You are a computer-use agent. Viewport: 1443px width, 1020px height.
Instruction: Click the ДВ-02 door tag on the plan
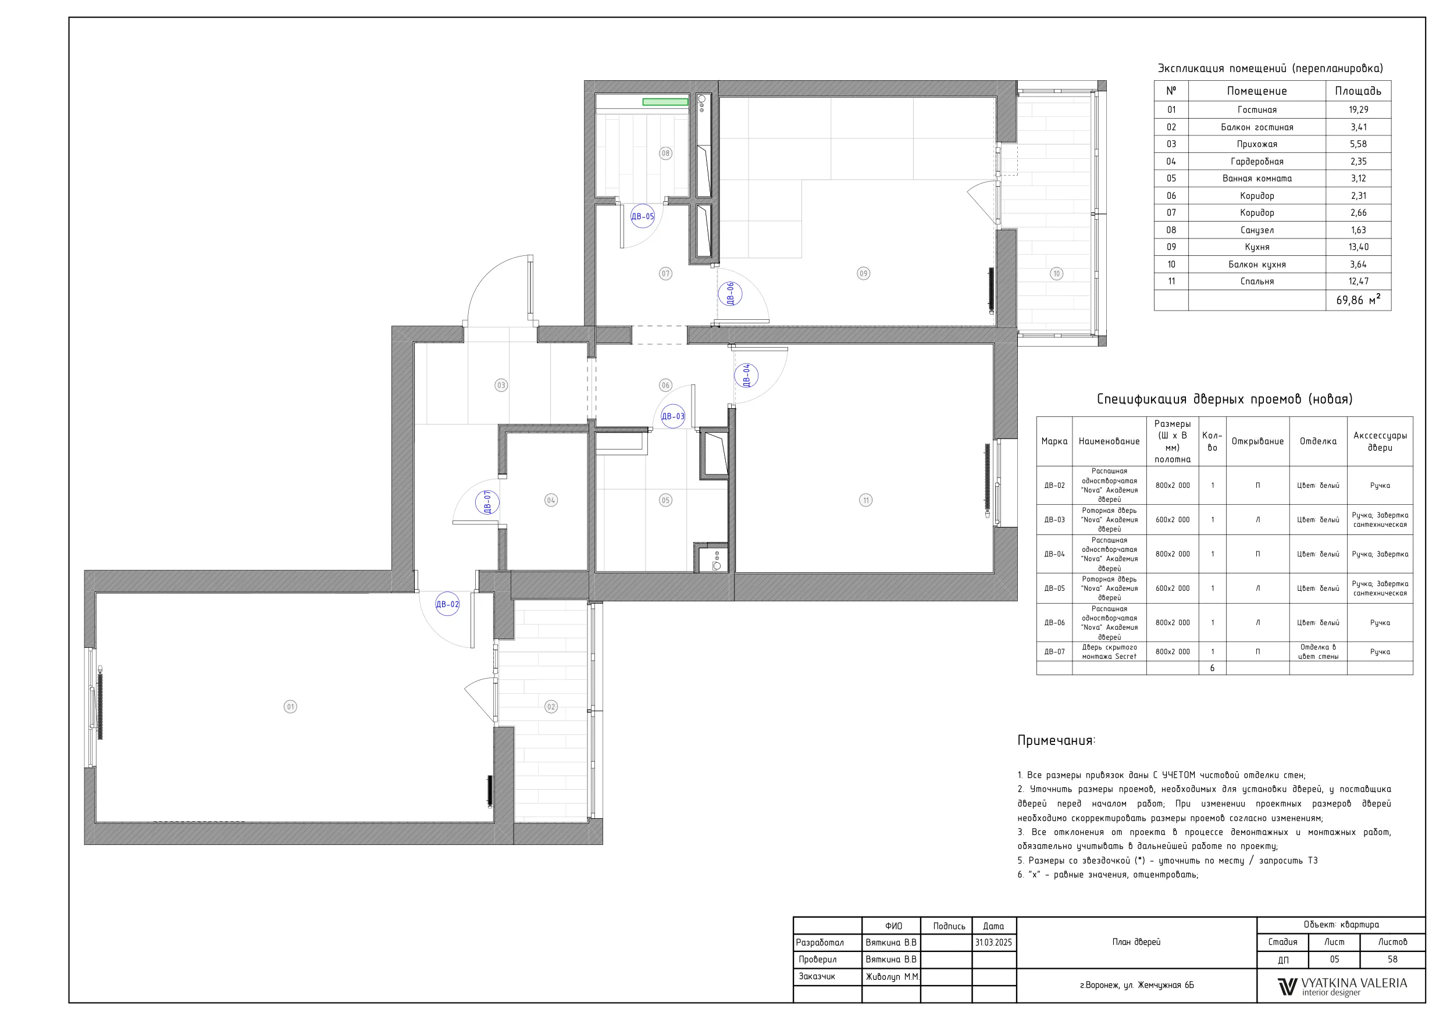pyautogui.click(x=447, y=605)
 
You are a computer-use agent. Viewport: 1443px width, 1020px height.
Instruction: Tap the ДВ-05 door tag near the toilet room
pyautogui.click(x=642, y=216)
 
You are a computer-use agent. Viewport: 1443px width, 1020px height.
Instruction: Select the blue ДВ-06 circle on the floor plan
pyautogui.click(x=731, y=294)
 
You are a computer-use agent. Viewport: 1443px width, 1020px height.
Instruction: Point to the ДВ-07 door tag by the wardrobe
pyautogui.click(x=487, y=502)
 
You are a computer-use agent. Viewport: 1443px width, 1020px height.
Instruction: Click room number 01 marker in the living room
pyautogui.click(x=290, y=707)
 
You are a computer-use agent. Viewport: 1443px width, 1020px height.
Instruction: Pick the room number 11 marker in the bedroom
pyautogui.click(x=866, y=500)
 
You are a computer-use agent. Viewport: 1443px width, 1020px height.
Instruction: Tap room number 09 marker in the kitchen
pyautogui.click(x=864, y=273)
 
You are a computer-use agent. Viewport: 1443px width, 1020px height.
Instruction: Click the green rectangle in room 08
pyautogui.click(x=665, y=102)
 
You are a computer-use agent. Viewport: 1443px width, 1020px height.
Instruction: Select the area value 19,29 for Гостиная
pyautogui.click(x=1358, y=110)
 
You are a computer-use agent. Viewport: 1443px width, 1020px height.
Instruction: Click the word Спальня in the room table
pyautogui.click(x=1257, y=281)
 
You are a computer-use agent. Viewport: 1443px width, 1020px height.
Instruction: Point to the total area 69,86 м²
pyautogui.click(x=1358, y=300)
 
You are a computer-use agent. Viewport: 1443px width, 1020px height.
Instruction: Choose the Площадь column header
pyautogui.click(x=1358, y=91)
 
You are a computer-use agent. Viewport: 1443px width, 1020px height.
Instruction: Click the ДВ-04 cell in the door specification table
pyautogui.click(x=1054, y=554)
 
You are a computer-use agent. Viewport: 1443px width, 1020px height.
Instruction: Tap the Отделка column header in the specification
pyautogui.click(x=1318, y=441)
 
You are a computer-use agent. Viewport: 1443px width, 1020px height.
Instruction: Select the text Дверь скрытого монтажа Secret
pyautogui.click(x=1109, y=652)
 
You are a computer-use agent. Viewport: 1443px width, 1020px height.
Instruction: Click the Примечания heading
pyautogui.click(x=1056, y=740)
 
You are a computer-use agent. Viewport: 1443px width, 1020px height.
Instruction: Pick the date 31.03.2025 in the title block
pyautogui.click(x=993, y=943)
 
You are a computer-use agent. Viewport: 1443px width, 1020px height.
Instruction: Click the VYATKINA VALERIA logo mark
pyautogui.click(x=1287, y=987)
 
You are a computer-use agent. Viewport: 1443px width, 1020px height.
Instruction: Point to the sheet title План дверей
pyautogui.click(x=1136, y=942)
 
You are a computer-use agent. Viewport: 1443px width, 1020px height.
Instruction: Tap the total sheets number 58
pyautogui.click(x=1393, y=960)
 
